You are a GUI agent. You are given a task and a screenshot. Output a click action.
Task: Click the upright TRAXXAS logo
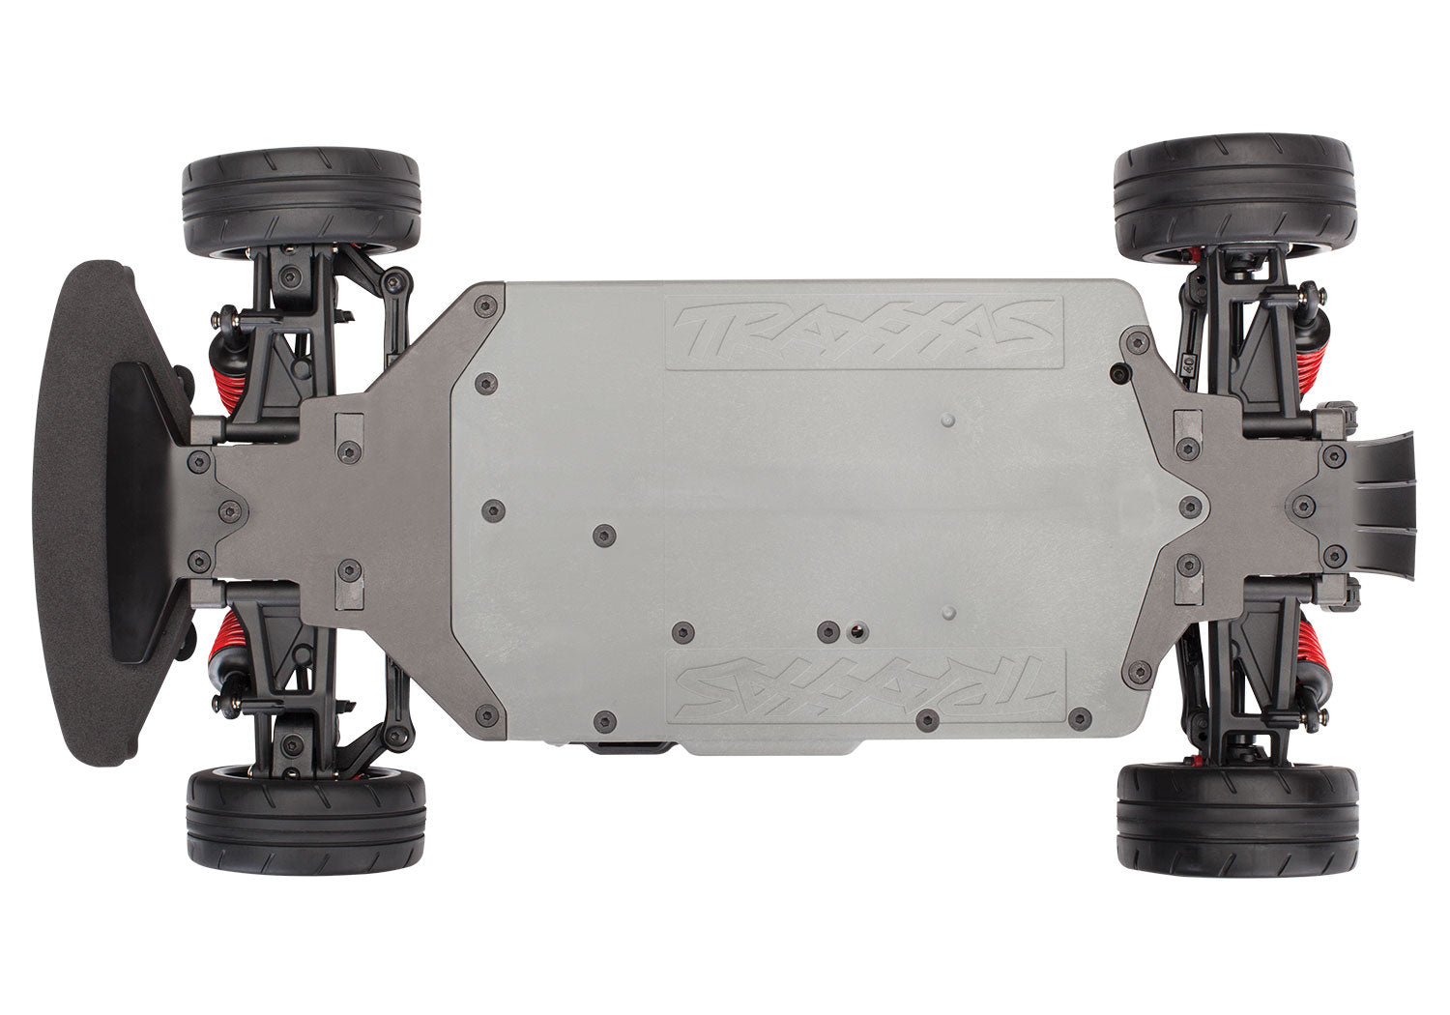pyautogui.click(x=864, y=333)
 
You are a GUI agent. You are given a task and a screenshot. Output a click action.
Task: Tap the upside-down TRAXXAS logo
pyautogui.click(x=866, y=683)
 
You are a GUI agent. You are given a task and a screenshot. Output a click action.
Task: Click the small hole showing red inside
pyautogui.click(x=857, y=631)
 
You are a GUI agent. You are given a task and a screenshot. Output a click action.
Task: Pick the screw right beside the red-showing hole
pyautogui.click(x=828, y=631)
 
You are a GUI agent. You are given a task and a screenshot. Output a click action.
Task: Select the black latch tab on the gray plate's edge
pyautogui.click(x=626, y=747)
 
